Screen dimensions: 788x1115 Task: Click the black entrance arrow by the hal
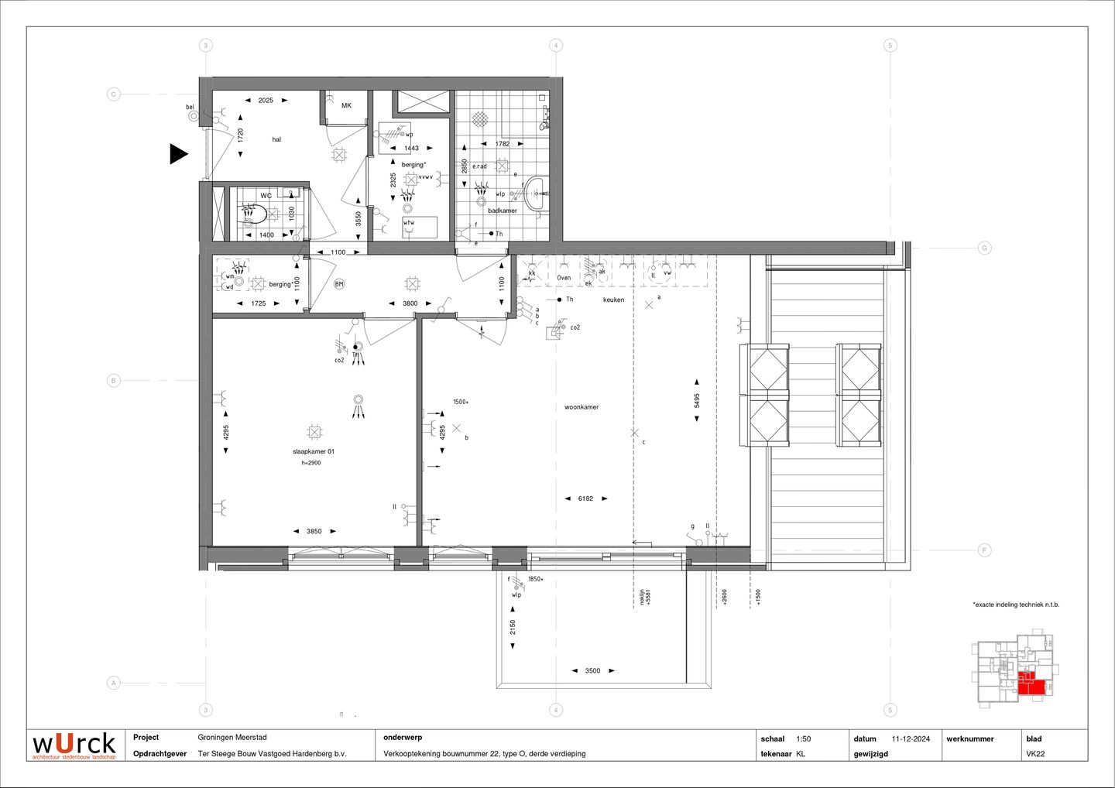tap(178, 154)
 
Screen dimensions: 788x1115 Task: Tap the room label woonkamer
tap(581, 407)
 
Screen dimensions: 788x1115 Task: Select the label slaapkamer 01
tap(313, 451)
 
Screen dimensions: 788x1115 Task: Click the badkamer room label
tap(502, 211)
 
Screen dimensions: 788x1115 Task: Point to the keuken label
tap(613, 300)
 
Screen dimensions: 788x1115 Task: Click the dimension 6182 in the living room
tap(585, 498)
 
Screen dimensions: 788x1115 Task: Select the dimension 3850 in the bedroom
tap(314, 531)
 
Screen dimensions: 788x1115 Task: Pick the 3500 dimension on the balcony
tap(592, 671)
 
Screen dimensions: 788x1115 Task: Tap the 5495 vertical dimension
tap(697, 400)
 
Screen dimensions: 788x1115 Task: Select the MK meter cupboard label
tap(346, 105)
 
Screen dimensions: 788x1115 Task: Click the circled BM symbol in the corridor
tap(338, 284)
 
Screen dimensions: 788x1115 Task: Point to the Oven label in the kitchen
tap(564, 278)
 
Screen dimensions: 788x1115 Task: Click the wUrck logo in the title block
tap(74, 745)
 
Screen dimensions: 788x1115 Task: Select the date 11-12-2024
tap(911, 738)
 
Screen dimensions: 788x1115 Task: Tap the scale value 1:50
tap(803, 738)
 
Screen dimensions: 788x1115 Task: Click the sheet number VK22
tap(1035, 754)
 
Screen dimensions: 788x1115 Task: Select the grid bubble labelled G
tap(984, 248)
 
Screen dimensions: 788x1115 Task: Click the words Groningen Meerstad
tap(232, 738)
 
